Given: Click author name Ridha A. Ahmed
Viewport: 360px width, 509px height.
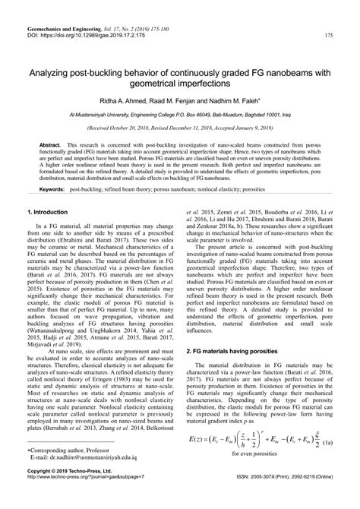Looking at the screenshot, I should [138, 100].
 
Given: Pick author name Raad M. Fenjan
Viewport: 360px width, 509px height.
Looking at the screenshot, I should [188, 100].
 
